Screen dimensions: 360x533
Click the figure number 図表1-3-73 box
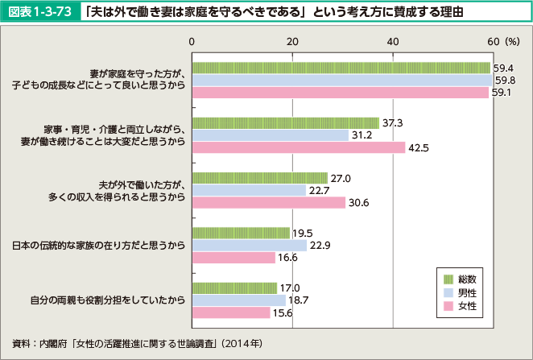(42, 13)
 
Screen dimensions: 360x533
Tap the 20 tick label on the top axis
(292, 40)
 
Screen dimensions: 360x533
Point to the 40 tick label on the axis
(393, 40)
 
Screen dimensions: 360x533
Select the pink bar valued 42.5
(299, 147)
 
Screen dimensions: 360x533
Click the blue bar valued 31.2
(271, 135)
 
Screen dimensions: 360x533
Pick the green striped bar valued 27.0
(259, 178)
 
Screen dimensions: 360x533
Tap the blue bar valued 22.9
(250, 245)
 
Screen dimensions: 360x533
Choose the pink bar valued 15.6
(231, 312)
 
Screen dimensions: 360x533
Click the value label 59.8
(506, 80)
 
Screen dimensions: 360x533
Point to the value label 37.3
(392, 122)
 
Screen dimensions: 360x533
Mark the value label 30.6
(358, 203)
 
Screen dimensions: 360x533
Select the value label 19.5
(303, 233)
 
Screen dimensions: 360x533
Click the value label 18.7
(299, 300)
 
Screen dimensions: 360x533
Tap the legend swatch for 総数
(449, 278)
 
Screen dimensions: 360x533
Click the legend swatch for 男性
(449, 292)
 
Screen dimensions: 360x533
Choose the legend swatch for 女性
(449, 307)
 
